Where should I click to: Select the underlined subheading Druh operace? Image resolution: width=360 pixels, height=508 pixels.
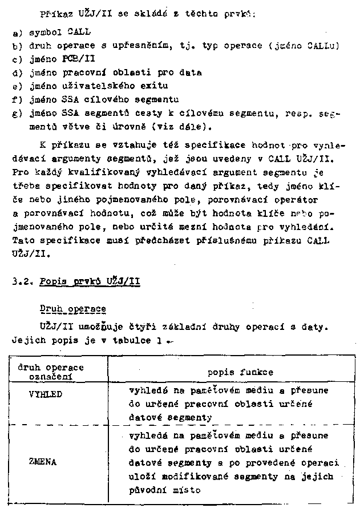pyautogui.click(x=72, y=309)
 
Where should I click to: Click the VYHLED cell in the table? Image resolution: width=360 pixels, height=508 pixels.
pyautogui.click(x=45, y=394)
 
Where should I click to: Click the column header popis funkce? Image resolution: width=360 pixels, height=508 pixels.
pyautogui.click(x=240, y=372)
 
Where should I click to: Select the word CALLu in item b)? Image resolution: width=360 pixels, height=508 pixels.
pyautogui.click(x=322, y=46)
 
